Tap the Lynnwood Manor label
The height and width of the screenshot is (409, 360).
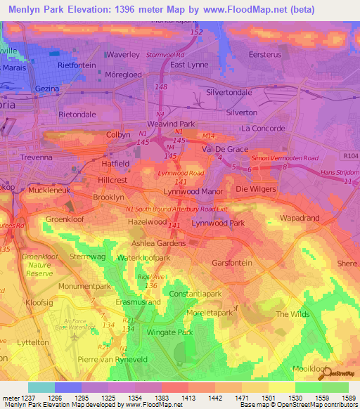point(193,191)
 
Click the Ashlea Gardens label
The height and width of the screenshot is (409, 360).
point(157,243)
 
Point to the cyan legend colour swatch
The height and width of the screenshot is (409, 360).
point(41,387)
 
